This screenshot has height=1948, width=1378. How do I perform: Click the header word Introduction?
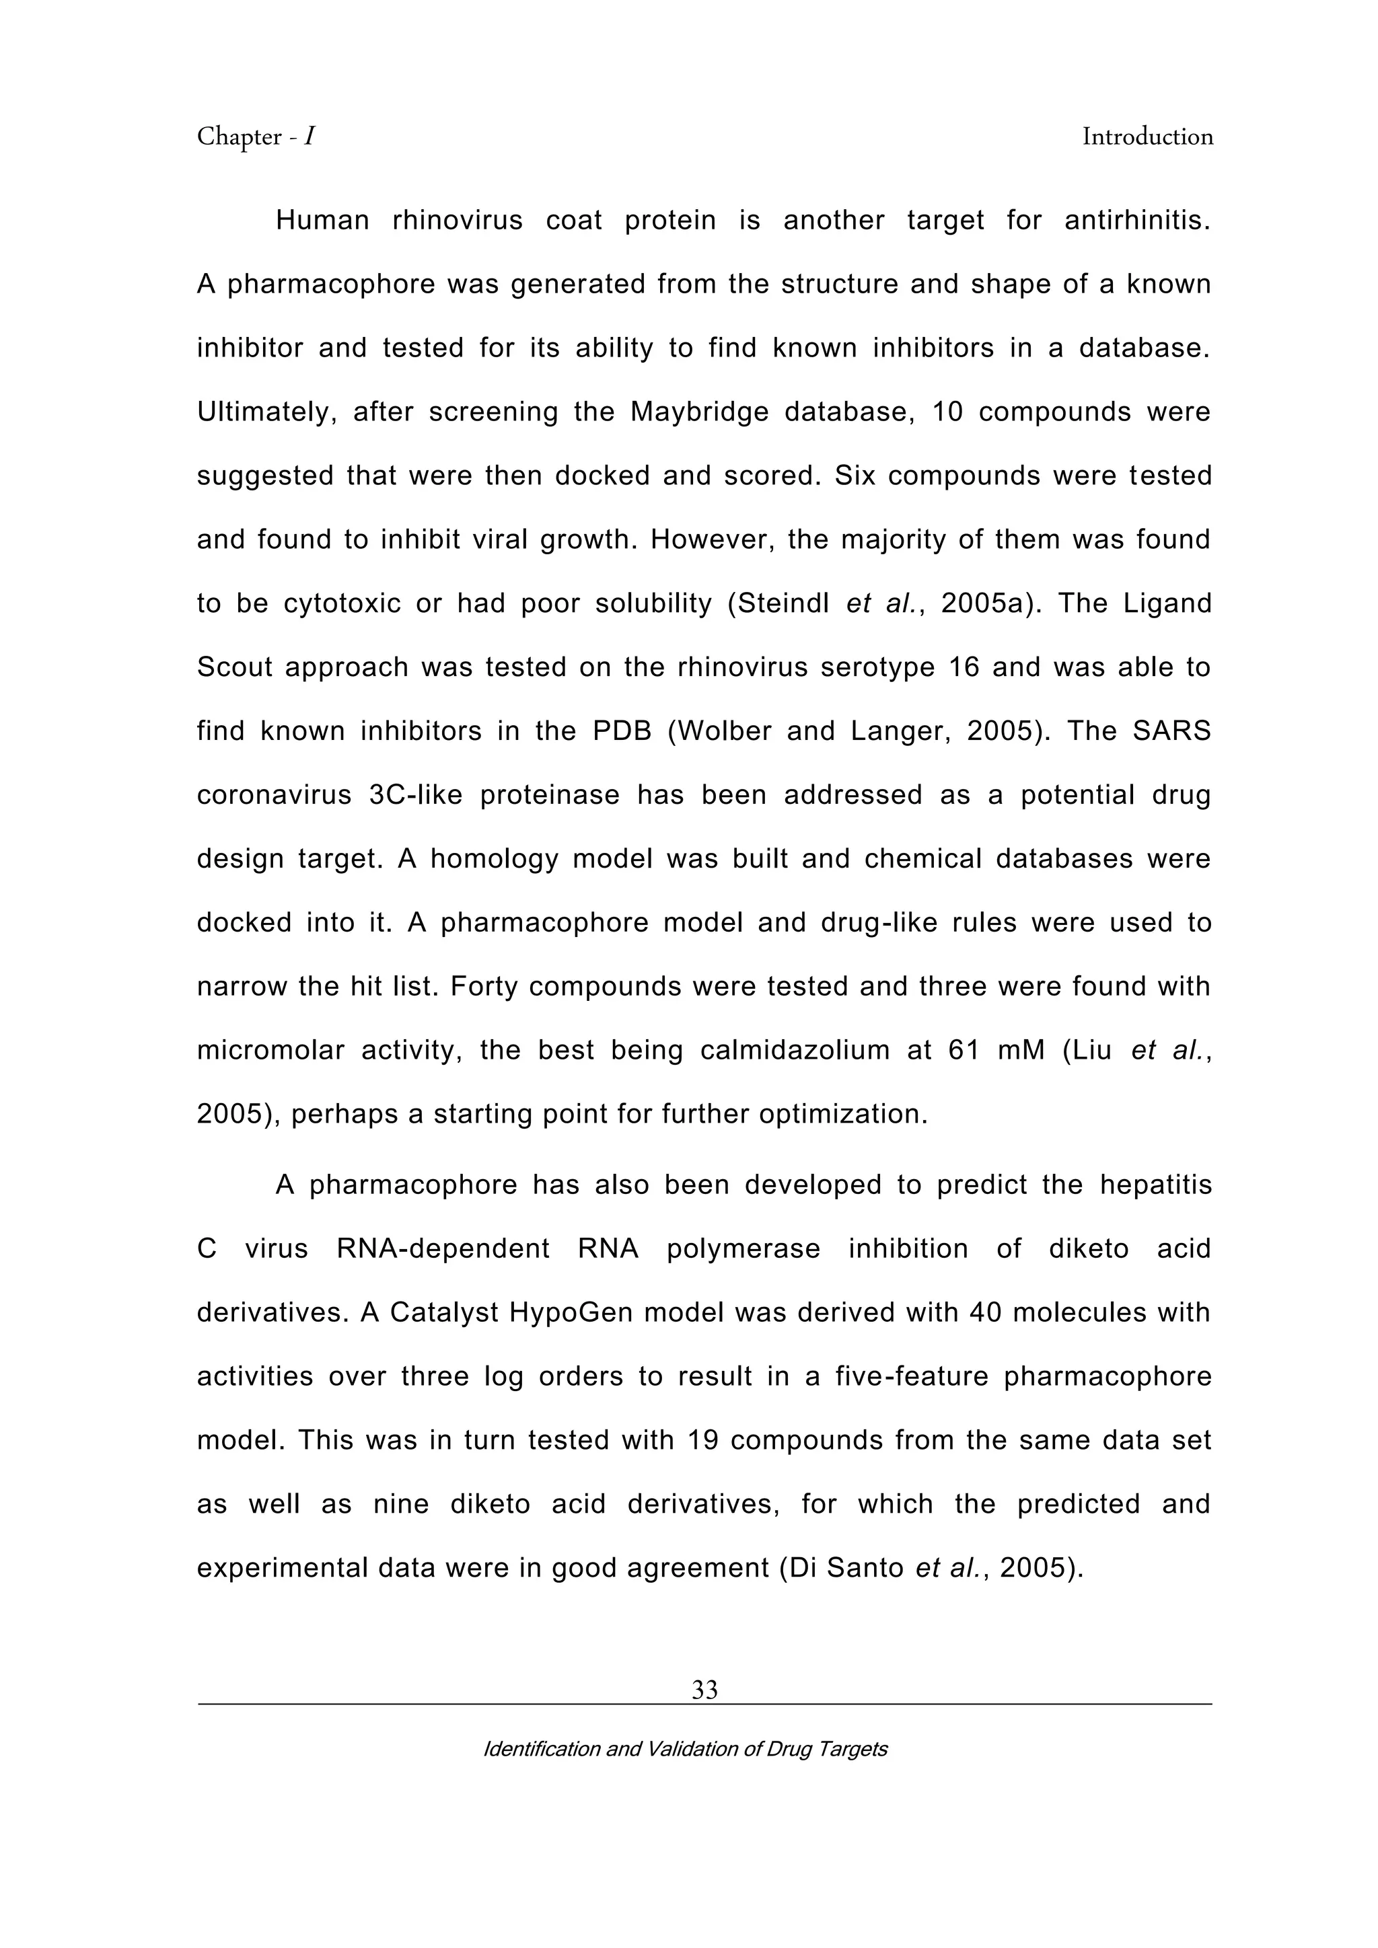tap(1147, 137)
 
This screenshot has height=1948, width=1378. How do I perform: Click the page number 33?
tap(704, 1690)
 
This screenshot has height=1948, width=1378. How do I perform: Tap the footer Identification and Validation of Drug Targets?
tap(685, 1749)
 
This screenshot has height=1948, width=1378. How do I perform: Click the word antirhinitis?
tap(1137, 221)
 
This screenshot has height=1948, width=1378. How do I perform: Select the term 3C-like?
tap(416, 795)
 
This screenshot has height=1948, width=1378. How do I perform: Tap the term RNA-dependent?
tap(443, 1249)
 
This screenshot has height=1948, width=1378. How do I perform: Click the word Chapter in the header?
tap(240, 137)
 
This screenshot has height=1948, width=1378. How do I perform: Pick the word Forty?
tap(482, 987)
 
